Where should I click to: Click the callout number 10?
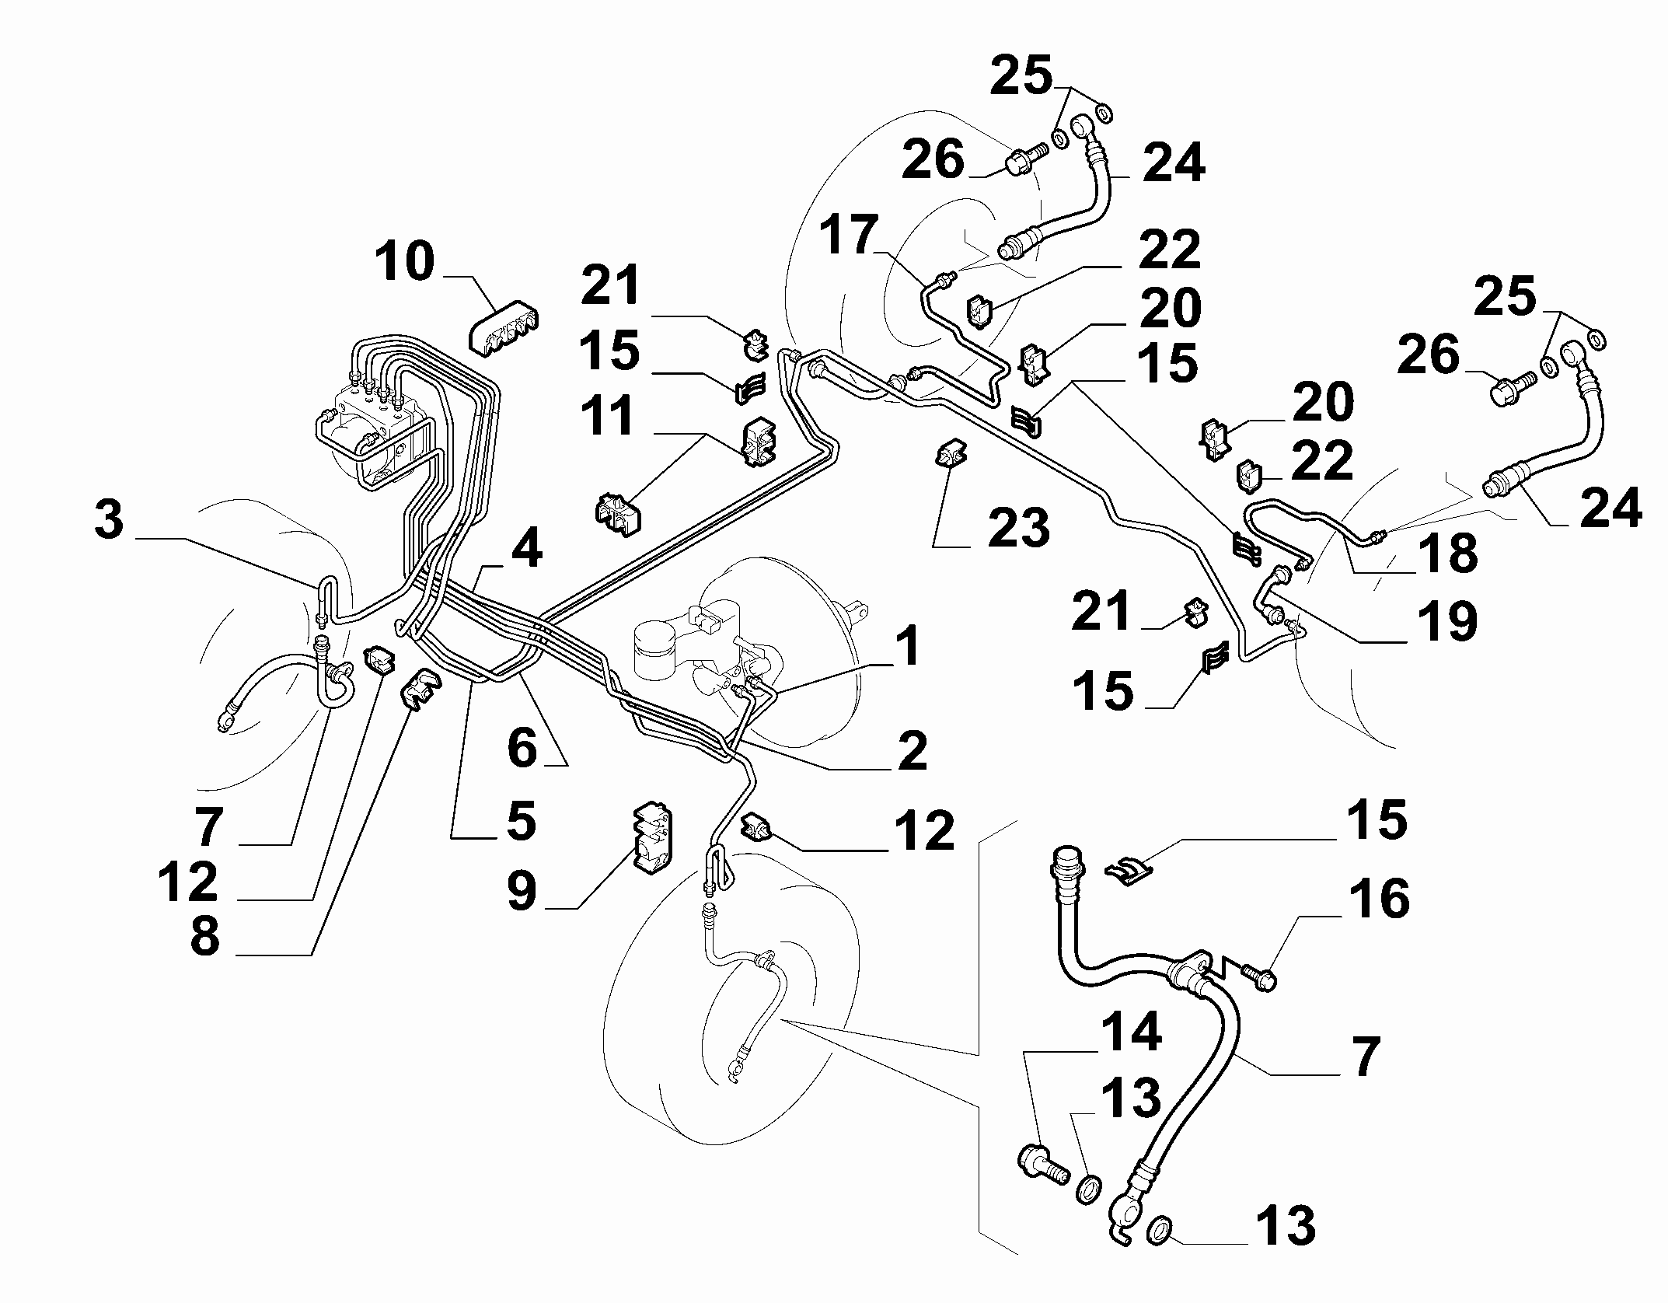[405, 262]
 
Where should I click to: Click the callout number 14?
[1131, 1032]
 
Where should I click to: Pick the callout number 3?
[109, 520]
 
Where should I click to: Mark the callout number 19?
[1447, 620]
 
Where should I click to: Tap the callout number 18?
[1447, 553]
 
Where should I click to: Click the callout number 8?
[205, 937]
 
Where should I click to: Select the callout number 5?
[522, 820]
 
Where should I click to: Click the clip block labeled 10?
[504, 332]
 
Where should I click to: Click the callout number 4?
[526, 550]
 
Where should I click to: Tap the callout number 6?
[522, 748]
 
